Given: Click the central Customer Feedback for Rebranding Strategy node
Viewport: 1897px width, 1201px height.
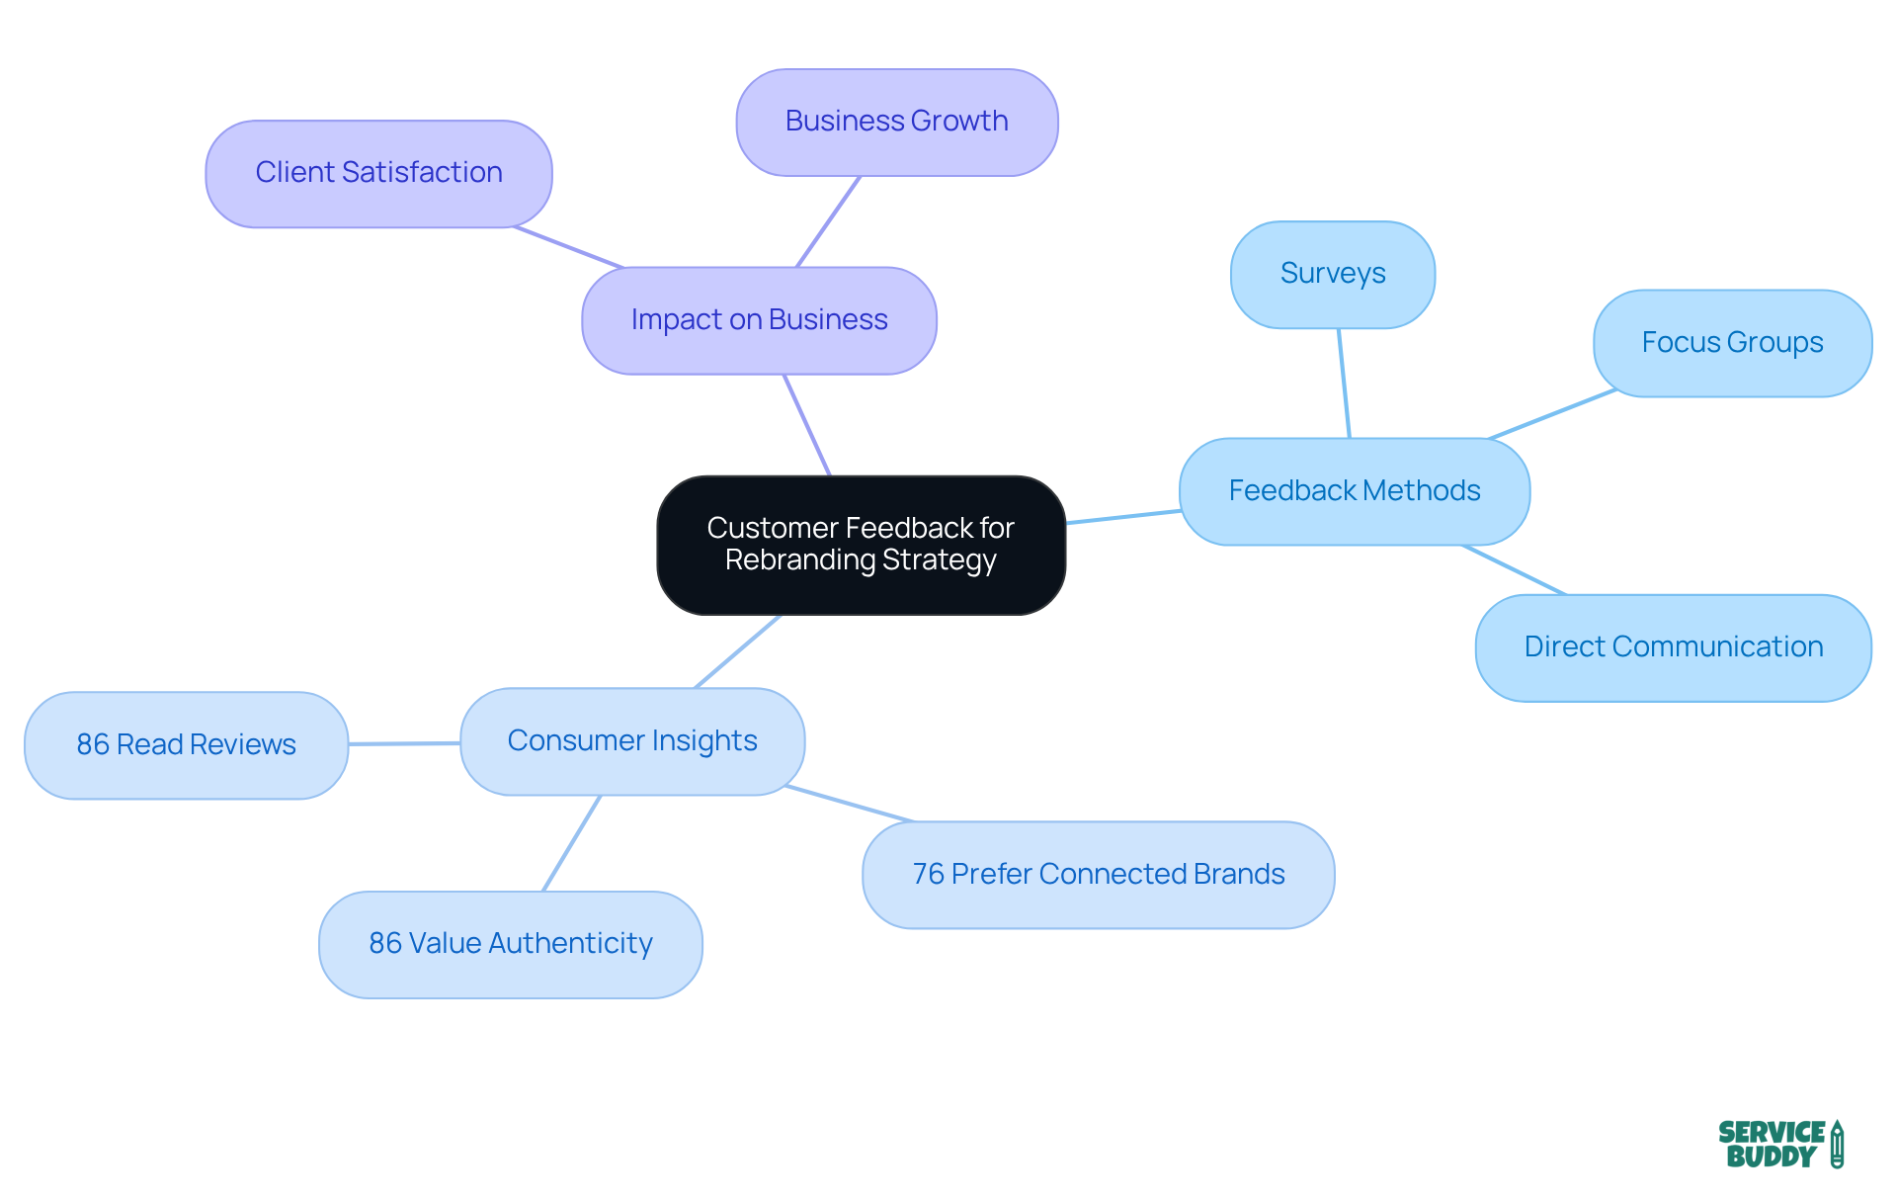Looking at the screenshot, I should pos(861,545).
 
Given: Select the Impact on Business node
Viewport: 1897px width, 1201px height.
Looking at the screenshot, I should pos(759,320).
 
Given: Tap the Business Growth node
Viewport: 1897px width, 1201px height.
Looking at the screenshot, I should pos(896,122).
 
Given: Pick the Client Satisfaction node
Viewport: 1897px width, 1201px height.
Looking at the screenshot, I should pos(378,173).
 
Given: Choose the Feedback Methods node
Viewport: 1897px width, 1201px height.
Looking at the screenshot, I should pos(1354,491).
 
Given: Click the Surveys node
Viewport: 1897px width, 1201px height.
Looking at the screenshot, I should pos(1332,274).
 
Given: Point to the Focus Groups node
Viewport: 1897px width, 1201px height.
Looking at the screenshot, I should pos(1732,343).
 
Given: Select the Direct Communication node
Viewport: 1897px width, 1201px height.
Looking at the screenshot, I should pos(1673,647).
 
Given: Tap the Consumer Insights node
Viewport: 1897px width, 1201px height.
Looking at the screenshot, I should pos(632,741).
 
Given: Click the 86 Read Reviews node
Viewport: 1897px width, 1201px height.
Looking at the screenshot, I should pos(186,744).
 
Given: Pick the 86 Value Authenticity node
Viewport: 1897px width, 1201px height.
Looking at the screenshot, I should pos(510,944).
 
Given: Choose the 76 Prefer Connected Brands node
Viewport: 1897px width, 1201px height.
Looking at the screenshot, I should pos(1098,875).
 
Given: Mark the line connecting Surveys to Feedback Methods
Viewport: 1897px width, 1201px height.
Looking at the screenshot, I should pos(1344,383).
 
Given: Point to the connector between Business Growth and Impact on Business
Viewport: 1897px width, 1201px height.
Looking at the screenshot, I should pos(828,221).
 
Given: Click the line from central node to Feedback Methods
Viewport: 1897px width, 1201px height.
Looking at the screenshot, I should pos(1122,517).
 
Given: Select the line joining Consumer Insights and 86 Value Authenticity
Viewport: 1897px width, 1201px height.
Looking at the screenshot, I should pos(572,842).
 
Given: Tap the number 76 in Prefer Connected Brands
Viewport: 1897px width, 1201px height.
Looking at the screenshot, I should pos(928,875).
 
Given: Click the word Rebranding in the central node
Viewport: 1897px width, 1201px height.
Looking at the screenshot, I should pos(799,560).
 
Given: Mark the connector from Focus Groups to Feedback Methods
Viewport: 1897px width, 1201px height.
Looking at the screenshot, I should pos(1551,413).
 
